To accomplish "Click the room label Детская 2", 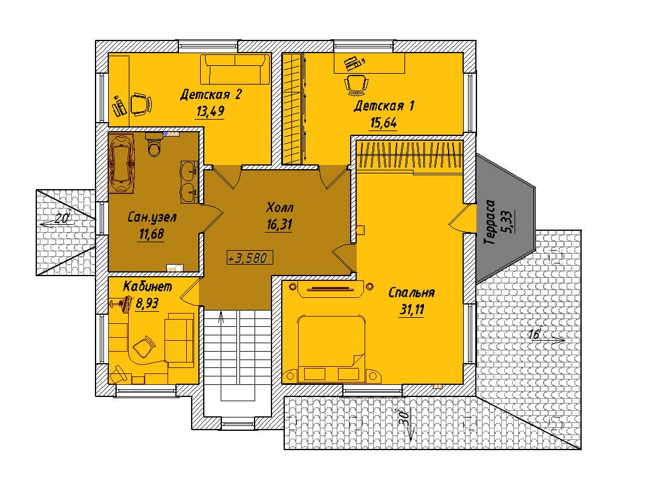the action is point(211,95).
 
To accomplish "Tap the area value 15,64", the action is point(383,123).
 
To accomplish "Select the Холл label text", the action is point(279,207).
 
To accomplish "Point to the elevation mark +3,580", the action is point(250,257).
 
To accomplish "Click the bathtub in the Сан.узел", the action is point(122,163).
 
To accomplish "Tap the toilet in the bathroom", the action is point(154,144).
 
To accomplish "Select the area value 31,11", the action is point(411,310).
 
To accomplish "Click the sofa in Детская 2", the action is point(235,69).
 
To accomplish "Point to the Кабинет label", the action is point(148,286).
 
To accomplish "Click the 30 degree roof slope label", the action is point(403,417).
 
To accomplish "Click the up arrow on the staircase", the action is point(221,318).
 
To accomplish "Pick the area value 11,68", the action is point(152,234).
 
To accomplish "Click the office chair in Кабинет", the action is point(144,347).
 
